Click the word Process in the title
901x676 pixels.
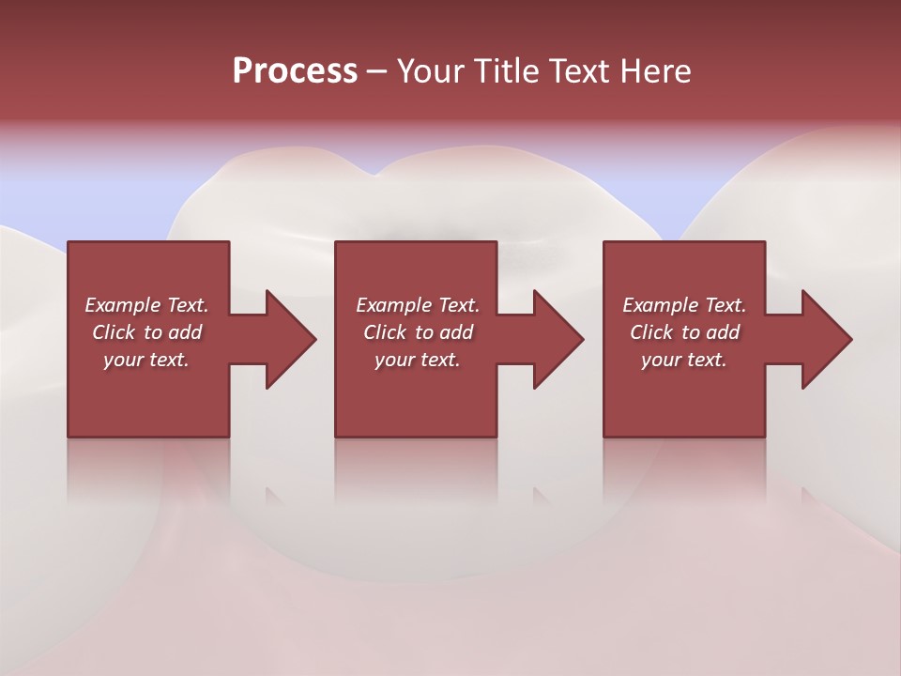pos(295,71)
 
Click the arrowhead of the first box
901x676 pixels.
pos(291,340)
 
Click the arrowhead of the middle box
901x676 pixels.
pos(559,340)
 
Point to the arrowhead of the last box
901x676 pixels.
pos(827,340)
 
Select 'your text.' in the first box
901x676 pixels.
pos(146,360)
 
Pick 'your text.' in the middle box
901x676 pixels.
pos(417,360)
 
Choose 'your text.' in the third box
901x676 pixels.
pos(684,360)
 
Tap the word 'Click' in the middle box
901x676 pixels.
pos(385,332)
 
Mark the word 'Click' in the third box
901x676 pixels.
pos(651,332)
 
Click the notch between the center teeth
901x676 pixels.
pos(375,175)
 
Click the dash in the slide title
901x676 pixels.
pos(376,71)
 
